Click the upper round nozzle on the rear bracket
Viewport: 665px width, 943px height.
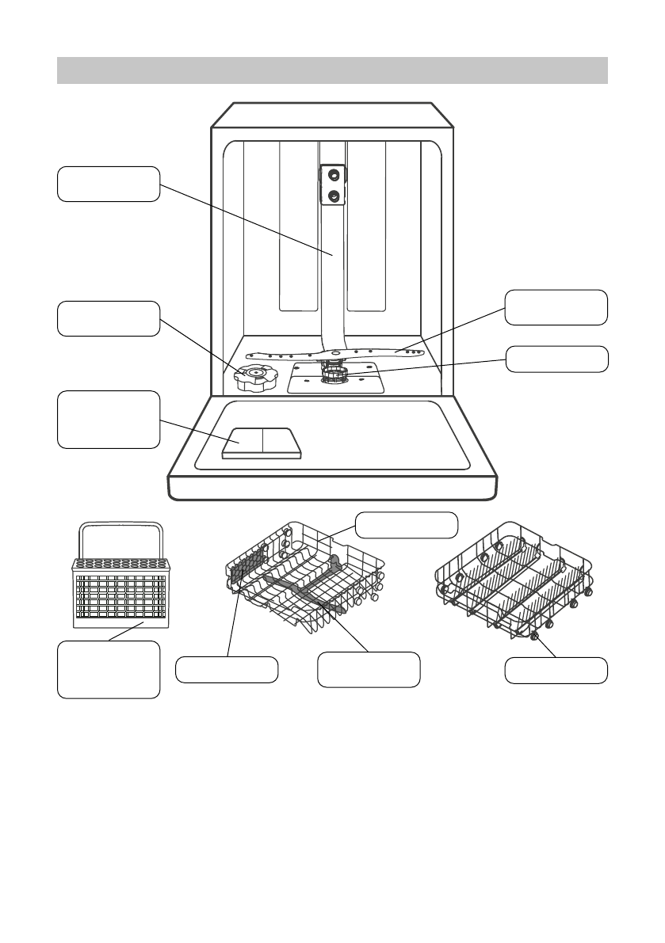[334, 173]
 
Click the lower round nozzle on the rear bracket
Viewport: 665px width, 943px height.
[334, 195]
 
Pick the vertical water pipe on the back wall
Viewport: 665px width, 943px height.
[333, 261]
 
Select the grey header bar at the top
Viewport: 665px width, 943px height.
[332, 70]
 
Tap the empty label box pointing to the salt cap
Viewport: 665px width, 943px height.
[109, 318]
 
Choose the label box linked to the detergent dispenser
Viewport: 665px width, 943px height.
[109, 420]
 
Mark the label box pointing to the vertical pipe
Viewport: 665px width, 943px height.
[109, 184]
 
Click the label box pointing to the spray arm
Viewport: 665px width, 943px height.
[557, 307]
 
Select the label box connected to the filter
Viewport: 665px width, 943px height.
[557, 359]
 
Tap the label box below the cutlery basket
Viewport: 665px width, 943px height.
[109, 670]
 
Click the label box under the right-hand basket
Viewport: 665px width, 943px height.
[557, 670]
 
